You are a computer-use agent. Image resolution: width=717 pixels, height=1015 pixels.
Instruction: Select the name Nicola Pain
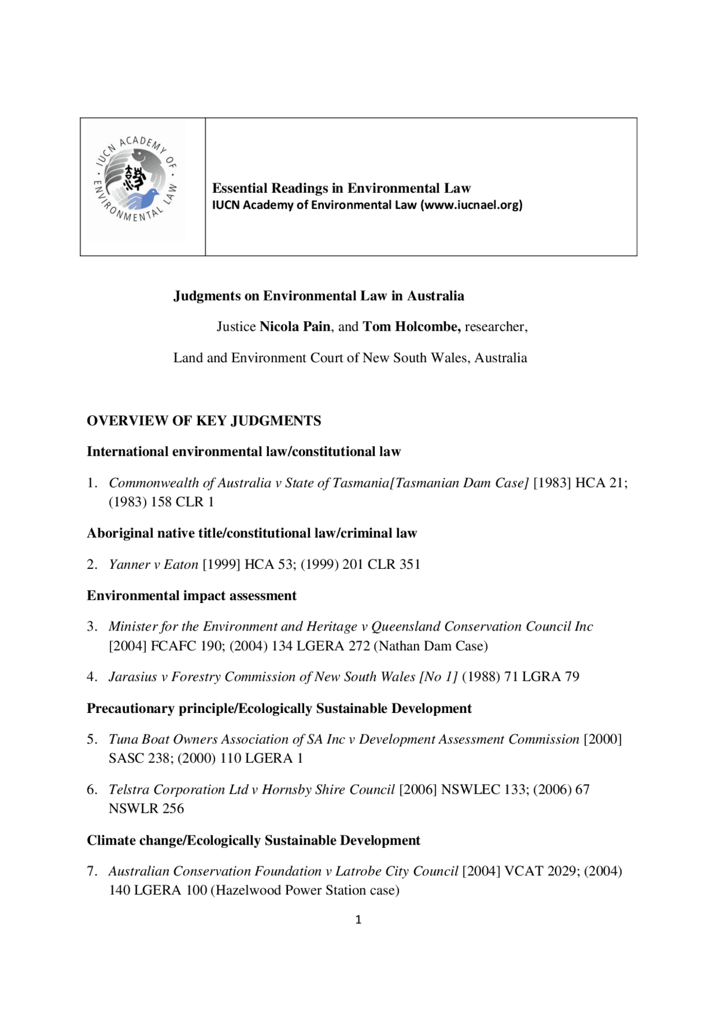tap(295, 327)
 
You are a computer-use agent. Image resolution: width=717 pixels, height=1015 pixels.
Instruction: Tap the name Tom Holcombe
tap(411, 327)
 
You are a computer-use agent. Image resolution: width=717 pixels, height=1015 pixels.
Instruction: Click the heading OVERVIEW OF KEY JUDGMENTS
tap(204, 421)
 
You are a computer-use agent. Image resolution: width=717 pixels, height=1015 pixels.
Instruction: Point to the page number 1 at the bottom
tap(358, 920)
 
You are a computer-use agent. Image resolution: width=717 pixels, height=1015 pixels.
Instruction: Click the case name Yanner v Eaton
tap(153, 564)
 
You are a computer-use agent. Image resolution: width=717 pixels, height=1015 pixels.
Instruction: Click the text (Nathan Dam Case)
tap(431, 646)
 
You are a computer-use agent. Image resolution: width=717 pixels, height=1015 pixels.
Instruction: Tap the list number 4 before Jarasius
tap(92, 677)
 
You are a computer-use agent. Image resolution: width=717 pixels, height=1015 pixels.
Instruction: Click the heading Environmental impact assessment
tap(192, 596)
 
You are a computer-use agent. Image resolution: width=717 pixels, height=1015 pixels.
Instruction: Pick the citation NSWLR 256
tap(146, 809)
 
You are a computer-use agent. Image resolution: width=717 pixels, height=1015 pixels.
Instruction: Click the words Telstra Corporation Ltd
tap(178, 790)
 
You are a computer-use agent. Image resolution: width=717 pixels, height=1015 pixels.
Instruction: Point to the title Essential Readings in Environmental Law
tap(341, 188)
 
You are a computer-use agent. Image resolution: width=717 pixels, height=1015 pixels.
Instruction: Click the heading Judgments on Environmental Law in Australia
tap(319, 296)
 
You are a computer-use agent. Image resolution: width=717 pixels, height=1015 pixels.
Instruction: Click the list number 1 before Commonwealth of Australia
tap(92, 483)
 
